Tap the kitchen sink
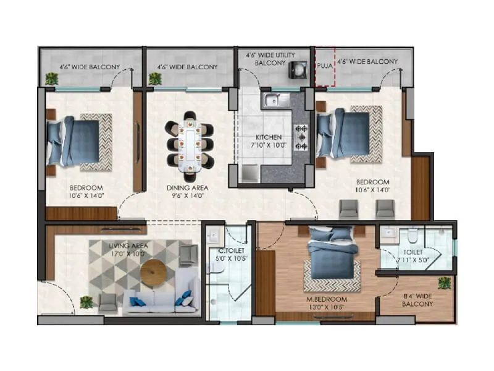272,99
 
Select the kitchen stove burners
303,137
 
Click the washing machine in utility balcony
297,70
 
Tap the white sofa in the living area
161,301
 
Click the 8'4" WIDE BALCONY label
417,301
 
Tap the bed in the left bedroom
73,141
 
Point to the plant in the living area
86,302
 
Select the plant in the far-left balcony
52,79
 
